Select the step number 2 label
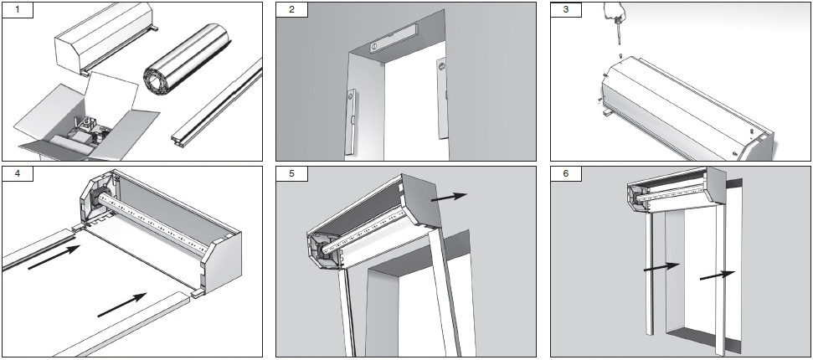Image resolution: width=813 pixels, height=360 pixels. [x=291, y=11]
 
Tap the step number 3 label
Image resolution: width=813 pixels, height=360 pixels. [x=565, y=11]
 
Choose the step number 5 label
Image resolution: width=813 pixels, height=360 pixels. [x=291, y=175]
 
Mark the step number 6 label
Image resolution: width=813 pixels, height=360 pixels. [x=565, y=175]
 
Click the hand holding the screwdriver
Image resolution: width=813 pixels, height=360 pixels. [x=615, y=13]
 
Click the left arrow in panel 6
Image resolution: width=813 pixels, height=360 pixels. [x=661, y=267]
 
